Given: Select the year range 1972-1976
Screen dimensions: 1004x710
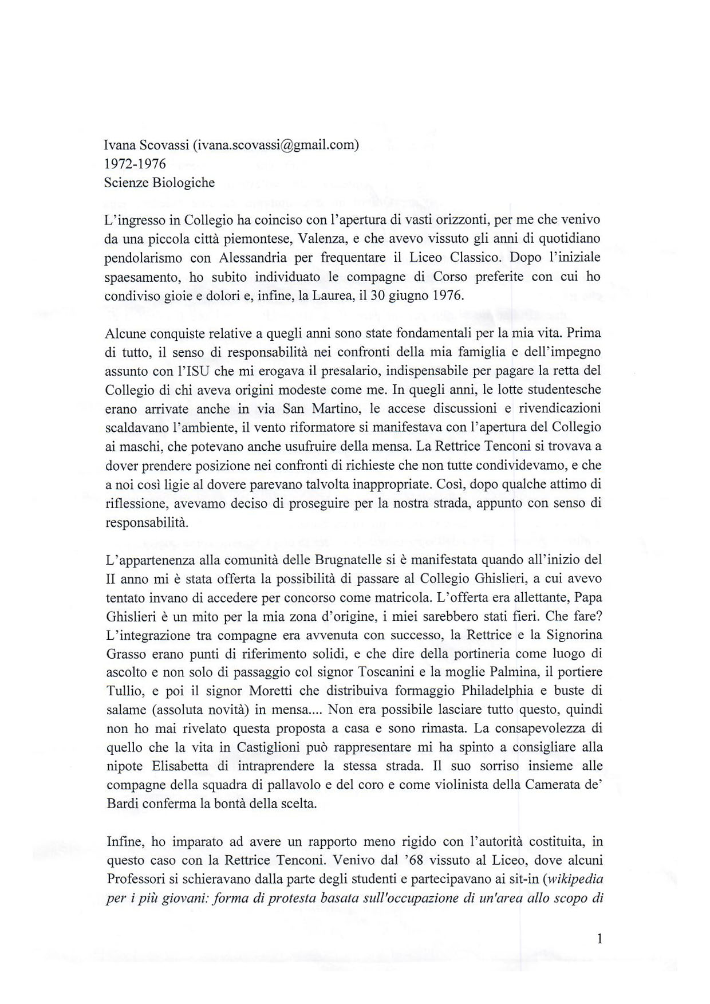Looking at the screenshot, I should pyautogui.click(x=135, y=164).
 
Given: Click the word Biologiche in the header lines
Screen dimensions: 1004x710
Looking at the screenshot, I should pyautogui.click(x=183, y=183).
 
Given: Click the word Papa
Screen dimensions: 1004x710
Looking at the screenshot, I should pyautogui.click(x=589, y=597).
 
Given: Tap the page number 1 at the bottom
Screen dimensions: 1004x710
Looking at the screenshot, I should pyautogui.click(x=599, y=939).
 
